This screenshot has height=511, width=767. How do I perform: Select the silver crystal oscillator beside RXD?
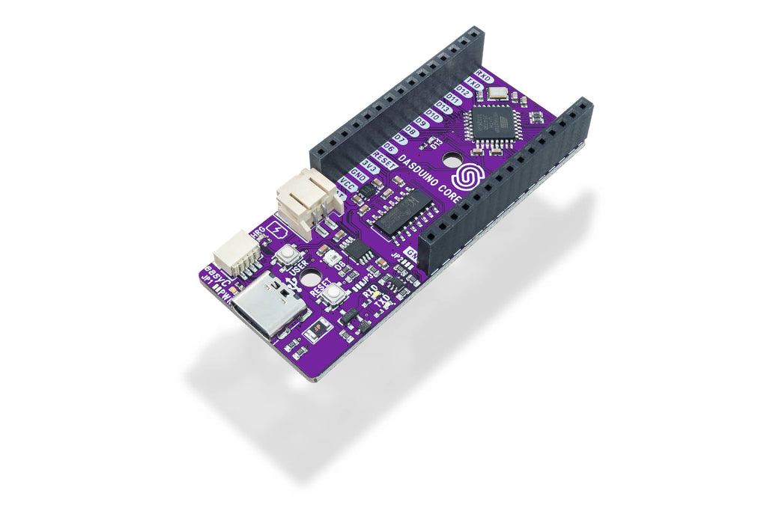[496, 94]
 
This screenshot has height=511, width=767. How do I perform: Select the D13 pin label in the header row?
[443, 109]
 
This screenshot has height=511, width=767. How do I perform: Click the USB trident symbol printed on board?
[291, 284]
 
